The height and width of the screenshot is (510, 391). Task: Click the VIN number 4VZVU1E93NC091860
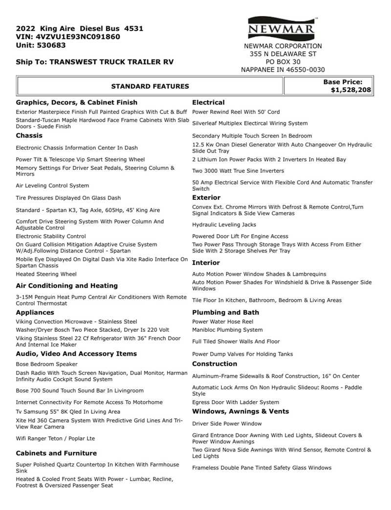click(78, 37)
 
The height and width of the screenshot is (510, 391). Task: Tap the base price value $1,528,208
click(350, 90)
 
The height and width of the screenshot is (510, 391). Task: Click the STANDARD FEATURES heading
click(150, 86)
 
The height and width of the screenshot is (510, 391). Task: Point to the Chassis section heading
click(29, 135)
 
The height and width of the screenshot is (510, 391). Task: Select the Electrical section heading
click(208, 102)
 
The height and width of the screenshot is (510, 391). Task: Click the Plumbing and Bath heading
click(226, 312)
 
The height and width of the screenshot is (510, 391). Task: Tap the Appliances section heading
click(35, 312)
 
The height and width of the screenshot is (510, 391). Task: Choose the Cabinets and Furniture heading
click(56, 453)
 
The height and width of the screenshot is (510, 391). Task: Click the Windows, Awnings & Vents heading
click(240, 411)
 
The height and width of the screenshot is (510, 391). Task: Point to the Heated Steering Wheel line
click(46, 274)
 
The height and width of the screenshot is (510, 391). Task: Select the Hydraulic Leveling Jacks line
click(224, 225)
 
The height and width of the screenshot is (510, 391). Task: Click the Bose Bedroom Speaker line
click(46, 364)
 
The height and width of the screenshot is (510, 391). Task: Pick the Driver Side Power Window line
click(227, 424)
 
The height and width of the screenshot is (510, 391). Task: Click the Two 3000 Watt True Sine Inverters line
click(238, 171)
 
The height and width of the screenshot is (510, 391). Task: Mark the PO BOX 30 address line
click(283, 62)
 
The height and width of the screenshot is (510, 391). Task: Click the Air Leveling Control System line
click(52, 185)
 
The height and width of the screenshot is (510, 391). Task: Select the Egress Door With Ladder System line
click(236, 402)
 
